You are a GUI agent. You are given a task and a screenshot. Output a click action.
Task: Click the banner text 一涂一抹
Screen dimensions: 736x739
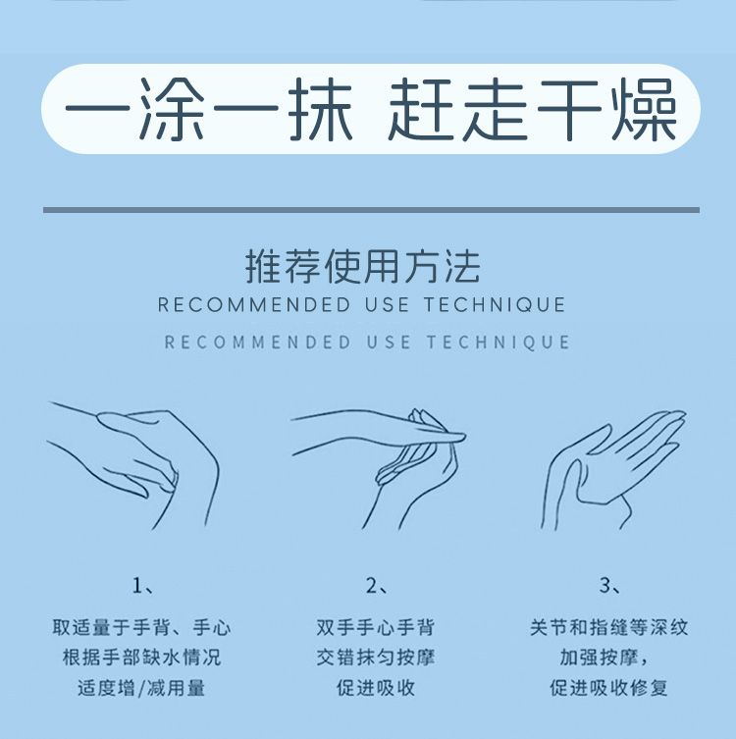click(x=208, y=109)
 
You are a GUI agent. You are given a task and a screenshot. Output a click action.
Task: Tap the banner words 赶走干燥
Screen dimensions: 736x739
click(x=533, y=109)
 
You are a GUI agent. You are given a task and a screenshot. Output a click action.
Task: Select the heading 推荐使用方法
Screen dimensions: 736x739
click(x=363, y=266)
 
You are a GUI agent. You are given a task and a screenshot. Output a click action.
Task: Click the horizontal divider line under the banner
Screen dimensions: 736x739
click(x=371, y=210)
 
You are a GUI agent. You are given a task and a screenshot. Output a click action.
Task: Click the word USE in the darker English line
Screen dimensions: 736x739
click(x=387, y=304)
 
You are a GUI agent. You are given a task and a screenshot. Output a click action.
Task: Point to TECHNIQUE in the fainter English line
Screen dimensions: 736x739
click(x=499, y=343)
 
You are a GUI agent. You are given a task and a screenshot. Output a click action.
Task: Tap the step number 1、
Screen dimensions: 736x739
click(x=142, y=586)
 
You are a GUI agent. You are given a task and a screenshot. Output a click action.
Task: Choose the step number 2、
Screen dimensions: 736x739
click(x=376, y=586)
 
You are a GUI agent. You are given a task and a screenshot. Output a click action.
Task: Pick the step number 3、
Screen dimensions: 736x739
click(x=609, y=586)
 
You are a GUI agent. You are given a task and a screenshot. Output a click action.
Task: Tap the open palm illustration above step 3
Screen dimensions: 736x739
click(x=612, y=469)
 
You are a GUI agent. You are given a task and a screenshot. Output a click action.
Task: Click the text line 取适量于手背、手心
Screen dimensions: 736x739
click(x=142, y=627)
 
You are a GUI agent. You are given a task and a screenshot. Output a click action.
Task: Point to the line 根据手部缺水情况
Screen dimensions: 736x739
click(x=142, y=657)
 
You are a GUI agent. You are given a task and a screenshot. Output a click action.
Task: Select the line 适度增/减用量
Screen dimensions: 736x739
click(x=142, y=688)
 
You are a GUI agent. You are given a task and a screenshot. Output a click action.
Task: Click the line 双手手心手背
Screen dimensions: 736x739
click(x=376, y=627)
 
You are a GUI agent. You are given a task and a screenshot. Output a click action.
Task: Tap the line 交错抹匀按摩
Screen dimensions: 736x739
click(x=376, y=657)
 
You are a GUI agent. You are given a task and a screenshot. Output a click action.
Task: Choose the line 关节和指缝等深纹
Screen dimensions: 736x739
click(x=608, y=627)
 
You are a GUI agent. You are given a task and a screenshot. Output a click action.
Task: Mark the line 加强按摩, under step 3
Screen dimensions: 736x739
click(x=604, y=657)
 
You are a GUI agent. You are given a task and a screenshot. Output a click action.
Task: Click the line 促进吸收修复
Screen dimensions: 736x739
click(x=608, y=688)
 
